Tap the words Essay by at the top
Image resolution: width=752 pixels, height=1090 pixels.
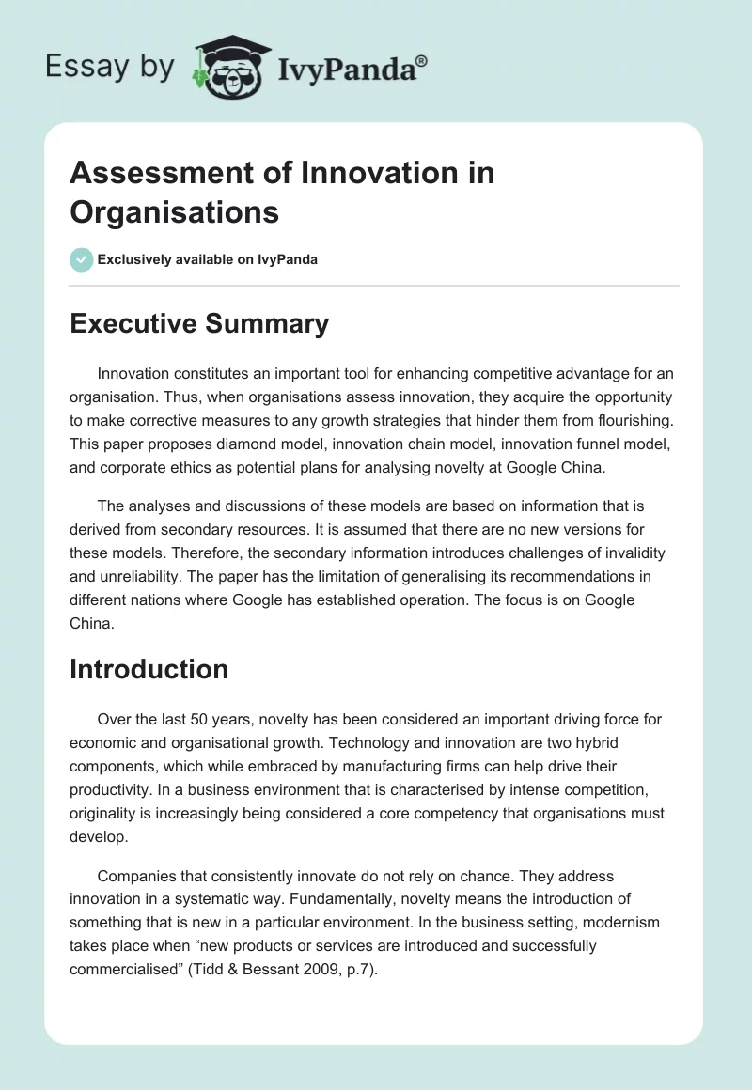(x=111, y=67)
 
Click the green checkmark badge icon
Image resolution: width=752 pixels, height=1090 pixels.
(x=81, y=259)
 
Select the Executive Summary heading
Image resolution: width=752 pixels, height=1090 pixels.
(x=199, y=323)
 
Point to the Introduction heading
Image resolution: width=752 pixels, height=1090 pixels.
(x=149, y=669)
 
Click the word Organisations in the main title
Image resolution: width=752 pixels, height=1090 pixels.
(x=174, y=211)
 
